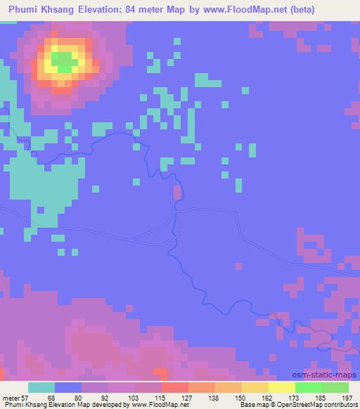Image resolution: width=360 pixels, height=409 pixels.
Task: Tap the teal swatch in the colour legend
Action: pos(41,387)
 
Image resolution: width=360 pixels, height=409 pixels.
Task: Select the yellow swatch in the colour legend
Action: pos(281,387)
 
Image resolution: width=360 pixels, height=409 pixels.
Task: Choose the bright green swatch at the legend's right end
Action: pos(335,387)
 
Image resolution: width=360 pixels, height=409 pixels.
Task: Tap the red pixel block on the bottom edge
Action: pos(161,375)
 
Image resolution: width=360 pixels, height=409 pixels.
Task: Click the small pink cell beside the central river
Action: pos(176,191)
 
